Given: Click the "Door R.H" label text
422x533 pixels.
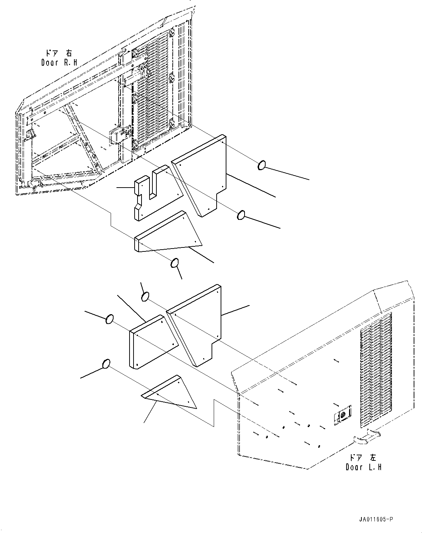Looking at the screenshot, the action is [59, 63].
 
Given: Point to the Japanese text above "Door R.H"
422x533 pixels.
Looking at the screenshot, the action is [59, 53].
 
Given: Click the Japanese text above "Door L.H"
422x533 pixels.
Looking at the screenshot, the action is [363, 457].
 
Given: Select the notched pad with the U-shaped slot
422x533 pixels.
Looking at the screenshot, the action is [159, 193].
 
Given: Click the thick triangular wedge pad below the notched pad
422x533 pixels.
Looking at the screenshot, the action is [168, 231].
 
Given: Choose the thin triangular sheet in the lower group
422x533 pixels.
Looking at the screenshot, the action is [169, 392].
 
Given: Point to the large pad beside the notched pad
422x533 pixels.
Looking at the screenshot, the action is [199, 176].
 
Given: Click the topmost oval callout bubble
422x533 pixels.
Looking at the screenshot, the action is [262, 165].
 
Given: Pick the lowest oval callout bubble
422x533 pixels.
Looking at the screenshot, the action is [106, 364].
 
